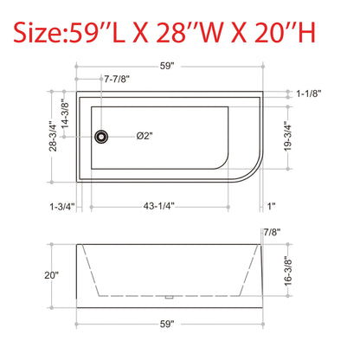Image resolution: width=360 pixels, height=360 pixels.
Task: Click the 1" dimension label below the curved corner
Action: click(271, 206)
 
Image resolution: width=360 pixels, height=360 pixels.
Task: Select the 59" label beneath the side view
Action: click(168, 324)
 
